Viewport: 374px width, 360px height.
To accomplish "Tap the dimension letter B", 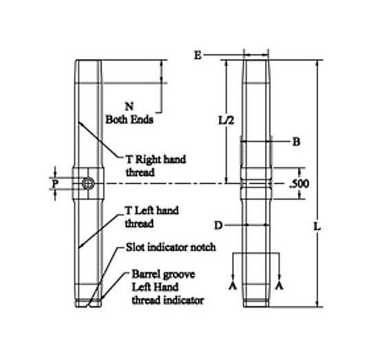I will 296,143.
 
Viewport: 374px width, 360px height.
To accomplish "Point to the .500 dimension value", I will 301,184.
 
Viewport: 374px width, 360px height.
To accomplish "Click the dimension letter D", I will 218,225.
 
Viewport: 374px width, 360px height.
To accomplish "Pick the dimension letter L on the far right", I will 332,225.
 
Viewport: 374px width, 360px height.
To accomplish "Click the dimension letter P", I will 55,183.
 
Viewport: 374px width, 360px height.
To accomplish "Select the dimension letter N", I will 128,106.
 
